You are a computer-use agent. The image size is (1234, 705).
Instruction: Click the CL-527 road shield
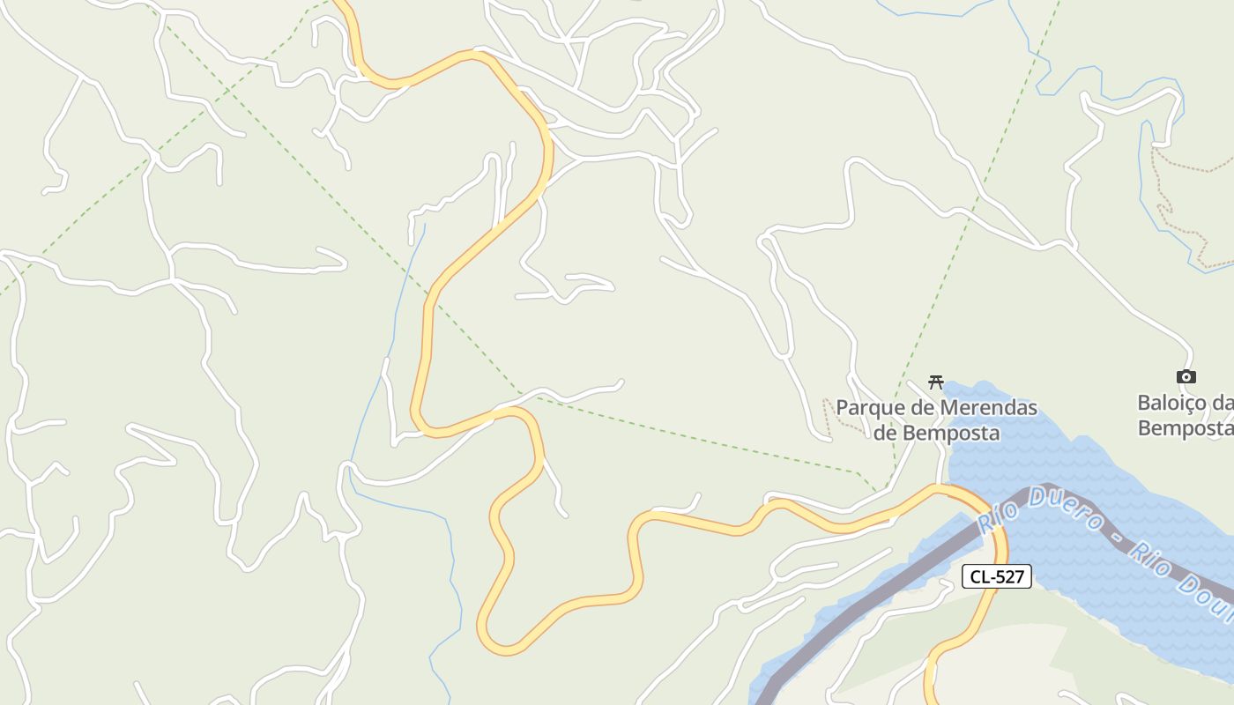pyautogui.click(x=997, y=576)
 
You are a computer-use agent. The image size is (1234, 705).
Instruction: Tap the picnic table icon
pyautogui.click(x=936, y=382)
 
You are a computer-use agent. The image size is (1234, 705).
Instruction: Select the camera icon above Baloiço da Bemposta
pyautogui.click(x=1186, y=377)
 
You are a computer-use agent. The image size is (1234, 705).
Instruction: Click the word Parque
pyautogui.click(x=868, y=408)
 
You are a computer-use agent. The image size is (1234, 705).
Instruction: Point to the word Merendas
pyautogui.click(x=987, y=408)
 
